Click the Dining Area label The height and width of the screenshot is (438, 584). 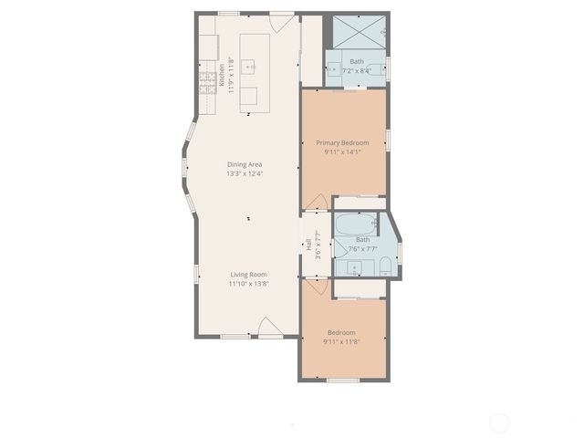tap(245, 164)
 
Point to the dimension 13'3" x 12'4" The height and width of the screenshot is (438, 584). tap(245, 174)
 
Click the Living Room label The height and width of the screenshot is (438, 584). tap(248, 274)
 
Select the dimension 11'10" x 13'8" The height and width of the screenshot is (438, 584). tap(248, 284)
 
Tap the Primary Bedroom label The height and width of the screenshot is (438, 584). tap(342, 143)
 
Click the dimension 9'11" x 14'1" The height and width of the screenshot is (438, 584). tap(342, 153)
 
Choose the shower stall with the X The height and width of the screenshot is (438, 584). tap(358, 33)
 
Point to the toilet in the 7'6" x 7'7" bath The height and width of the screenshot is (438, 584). tap(385, 266)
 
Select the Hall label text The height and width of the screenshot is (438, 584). tap(309, 244)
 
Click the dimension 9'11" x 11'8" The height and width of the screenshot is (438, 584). tap(342, 342)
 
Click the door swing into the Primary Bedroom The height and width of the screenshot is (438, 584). tap(315, 202)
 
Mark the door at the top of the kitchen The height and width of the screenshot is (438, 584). tap(283, 20)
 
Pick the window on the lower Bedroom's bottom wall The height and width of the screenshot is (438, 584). tap(342, 380)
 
